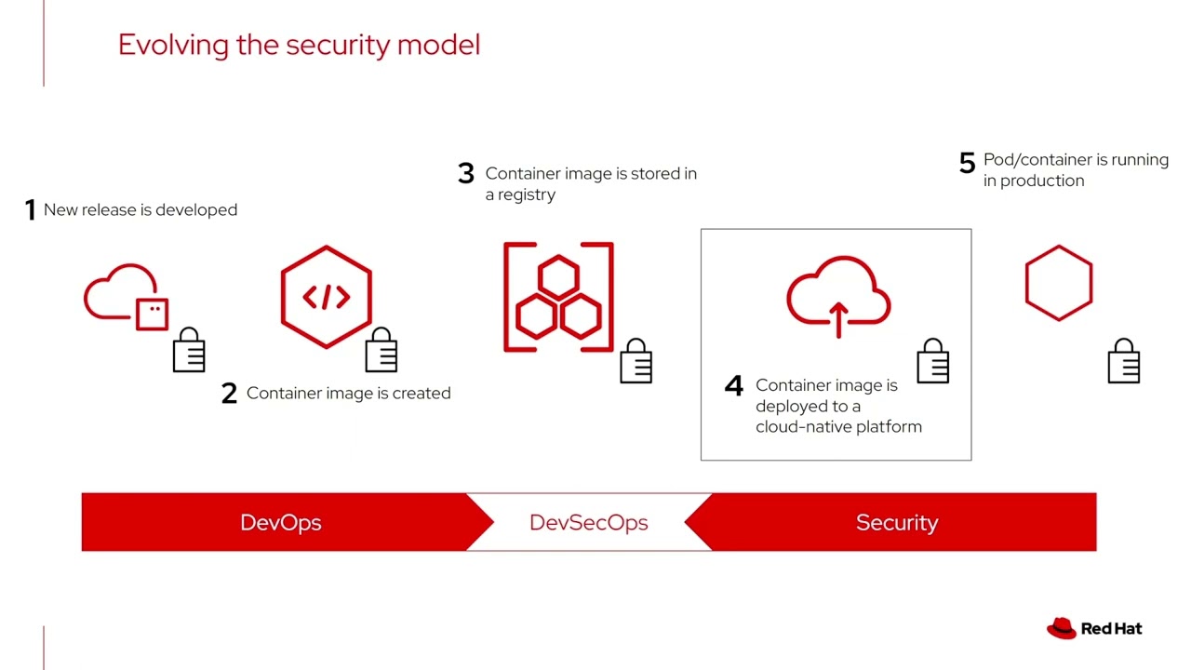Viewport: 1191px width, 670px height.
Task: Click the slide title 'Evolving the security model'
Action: coord(299,45)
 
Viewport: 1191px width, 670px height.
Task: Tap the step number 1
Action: coord(30,210)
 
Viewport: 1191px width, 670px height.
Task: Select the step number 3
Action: coord(466,174)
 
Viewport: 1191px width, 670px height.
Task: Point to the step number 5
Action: coord(967,163)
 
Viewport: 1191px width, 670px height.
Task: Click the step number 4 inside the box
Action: coord(734,386)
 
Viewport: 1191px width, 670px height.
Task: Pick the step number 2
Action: coord(229,394)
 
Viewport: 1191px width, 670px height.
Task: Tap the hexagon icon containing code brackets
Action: coord(327,296)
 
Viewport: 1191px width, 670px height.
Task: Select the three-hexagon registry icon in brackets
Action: coord(558,298)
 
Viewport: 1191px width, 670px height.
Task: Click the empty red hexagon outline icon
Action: coord(1059,283)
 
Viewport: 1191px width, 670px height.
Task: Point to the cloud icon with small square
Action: coord(127,297)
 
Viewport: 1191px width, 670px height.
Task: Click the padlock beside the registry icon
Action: coord(636,361)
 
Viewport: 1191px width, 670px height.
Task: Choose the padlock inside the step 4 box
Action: coord(933,361)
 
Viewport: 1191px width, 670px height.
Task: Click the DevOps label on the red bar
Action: coord(281,523)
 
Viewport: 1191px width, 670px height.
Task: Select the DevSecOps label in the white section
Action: coord(588,523)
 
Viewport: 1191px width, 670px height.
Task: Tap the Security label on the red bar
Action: coord(896,523)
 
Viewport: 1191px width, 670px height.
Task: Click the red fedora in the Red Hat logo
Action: coord(1062,629)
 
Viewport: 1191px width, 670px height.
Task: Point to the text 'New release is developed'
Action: coord(141,210)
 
